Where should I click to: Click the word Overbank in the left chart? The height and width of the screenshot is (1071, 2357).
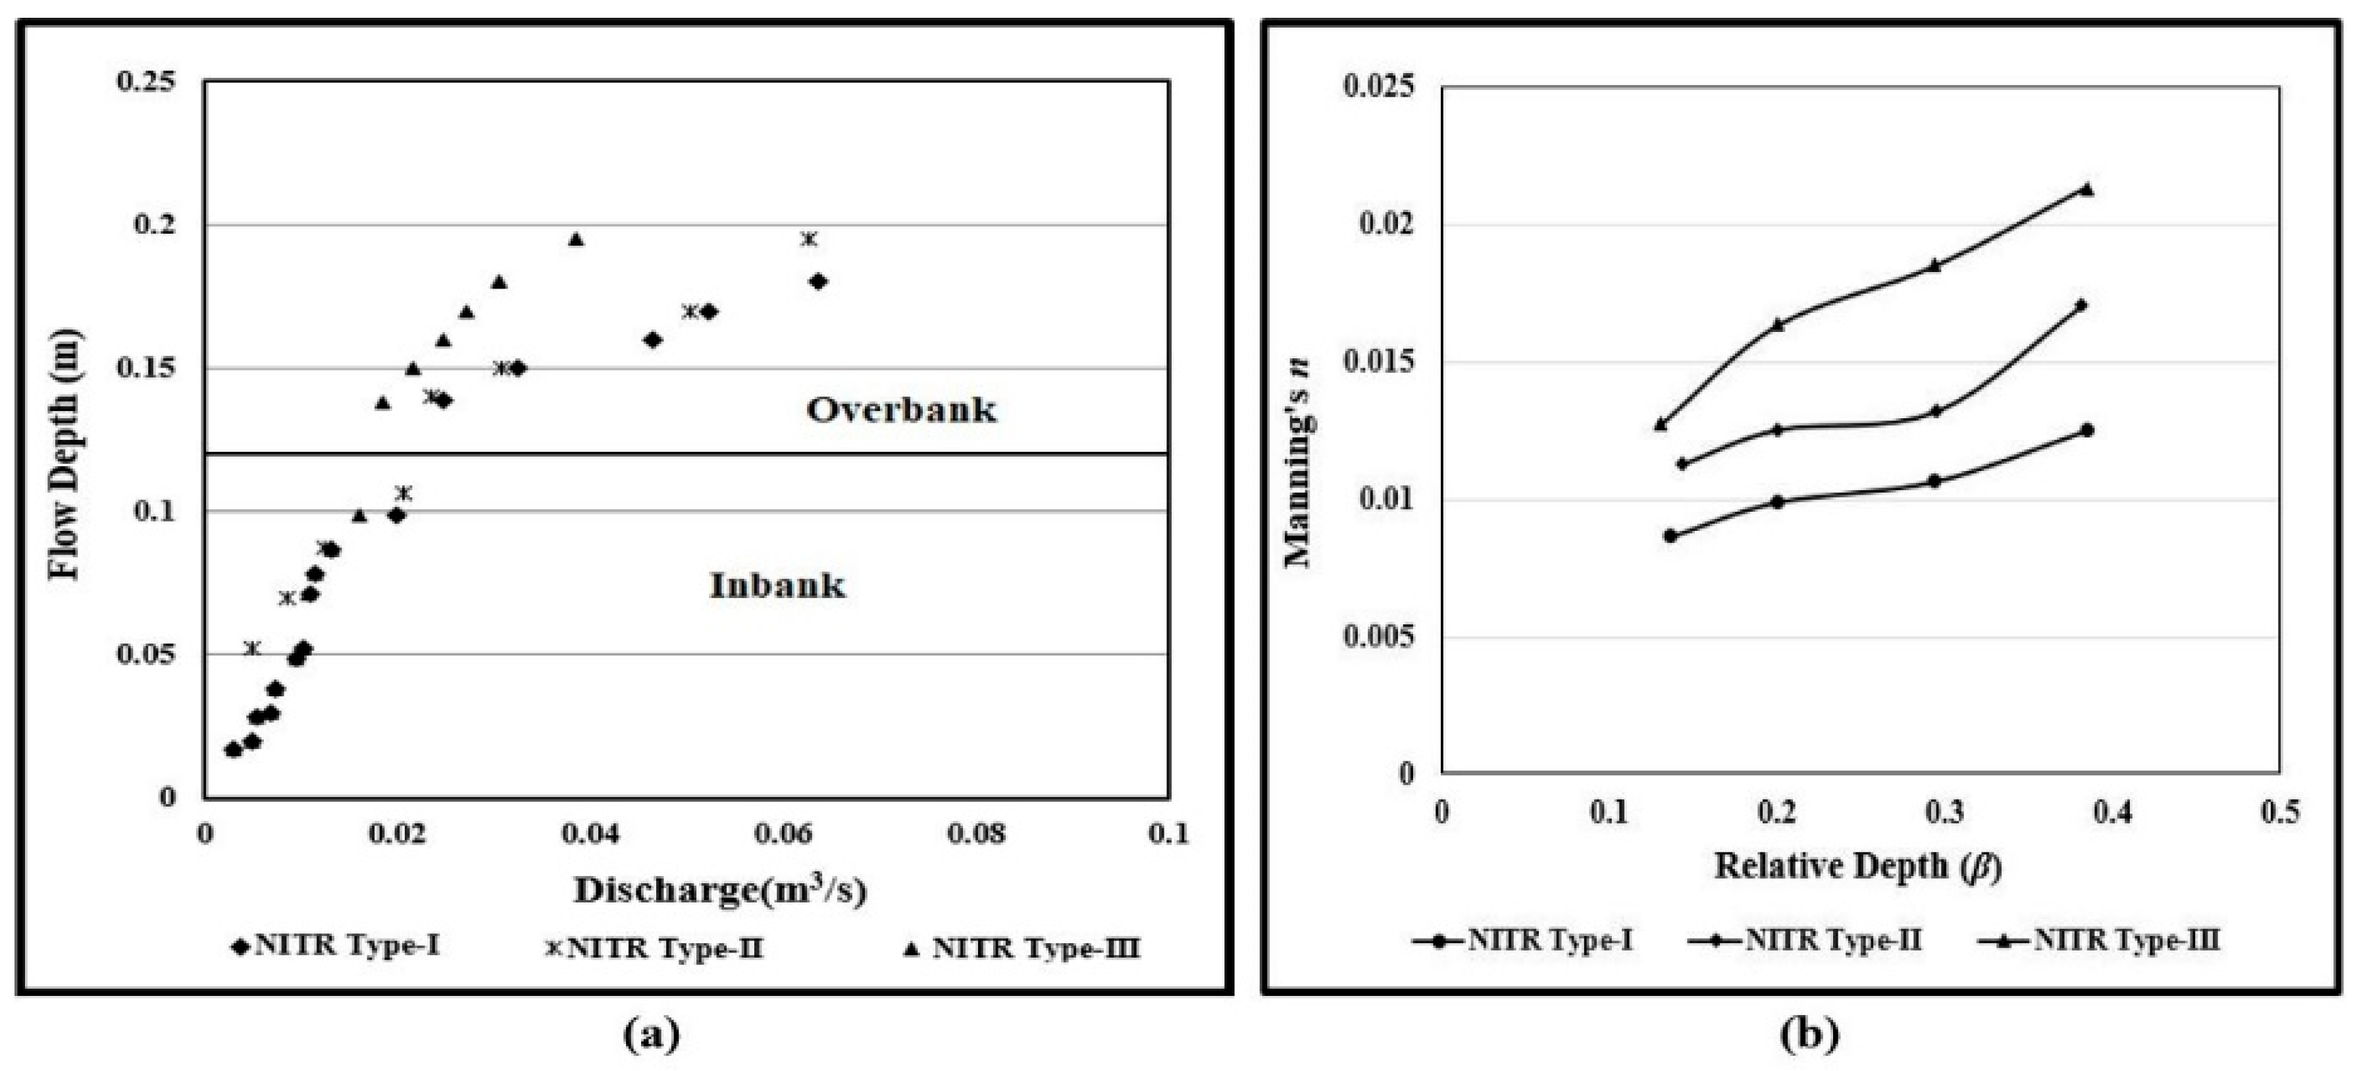(x=901, y=410)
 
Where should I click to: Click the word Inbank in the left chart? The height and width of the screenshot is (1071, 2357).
(x=778, y=586)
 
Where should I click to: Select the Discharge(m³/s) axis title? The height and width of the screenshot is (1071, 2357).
(x=720, y=891)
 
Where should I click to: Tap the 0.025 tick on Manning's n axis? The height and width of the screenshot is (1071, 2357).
(x=1378, y=87)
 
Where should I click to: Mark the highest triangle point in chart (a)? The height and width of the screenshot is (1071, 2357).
(x=575, y=240)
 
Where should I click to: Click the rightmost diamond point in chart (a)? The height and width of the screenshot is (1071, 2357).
(x=818, y=282)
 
